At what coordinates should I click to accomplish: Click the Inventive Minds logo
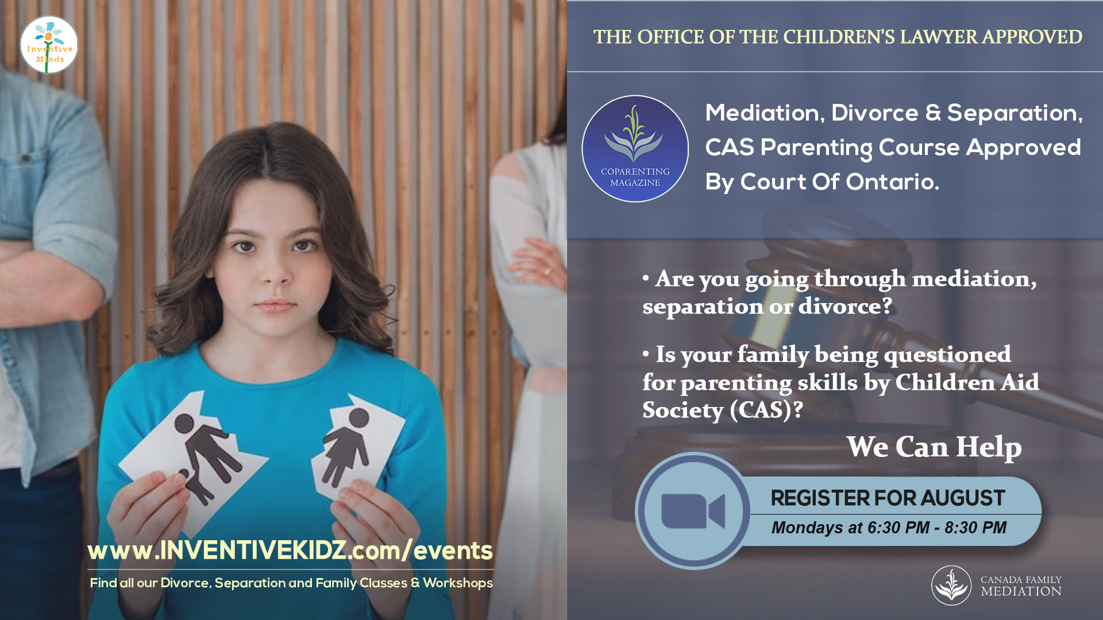point(49,45)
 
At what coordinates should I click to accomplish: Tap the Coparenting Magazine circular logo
point(635,149)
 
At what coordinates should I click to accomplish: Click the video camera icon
point(693,511)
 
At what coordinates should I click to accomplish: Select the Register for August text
point(888,498)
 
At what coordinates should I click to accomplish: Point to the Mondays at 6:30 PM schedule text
point(889,528)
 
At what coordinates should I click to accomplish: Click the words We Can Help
point(934,447)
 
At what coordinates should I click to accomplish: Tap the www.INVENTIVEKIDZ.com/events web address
point(290,550)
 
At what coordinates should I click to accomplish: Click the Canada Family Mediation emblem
point(951,586)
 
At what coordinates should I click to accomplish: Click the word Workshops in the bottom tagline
point(458,583)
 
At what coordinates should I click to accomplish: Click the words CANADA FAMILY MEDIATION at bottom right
point(1021,586)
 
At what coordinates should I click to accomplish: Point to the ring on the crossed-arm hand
point(547,271)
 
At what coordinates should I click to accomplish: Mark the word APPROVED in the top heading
point(1032,37)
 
